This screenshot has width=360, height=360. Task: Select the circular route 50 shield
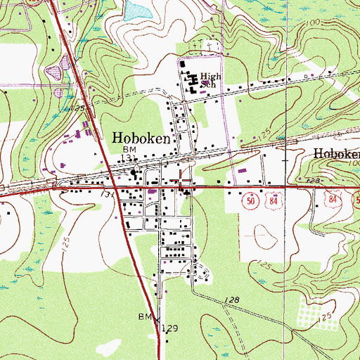point(250,201)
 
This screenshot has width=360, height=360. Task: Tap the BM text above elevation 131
point(129,150)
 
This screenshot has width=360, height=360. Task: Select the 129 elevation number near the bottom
point(169,328)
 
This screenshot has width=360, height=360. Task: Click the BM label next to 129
point(144,317)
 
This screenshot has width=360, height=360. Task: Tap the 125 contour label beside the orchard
point(325,319)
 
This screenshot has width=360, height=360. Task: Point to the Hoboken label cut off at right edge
point(336,154)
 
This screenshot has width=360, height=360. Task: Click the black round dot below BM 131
point(133,171)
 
